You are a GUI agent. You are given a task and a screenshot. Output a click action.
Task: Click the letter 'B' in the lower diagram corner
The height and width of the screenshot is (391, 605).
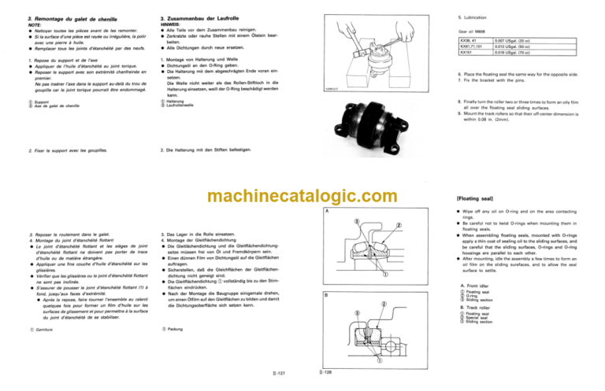[x=325, y=294]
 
